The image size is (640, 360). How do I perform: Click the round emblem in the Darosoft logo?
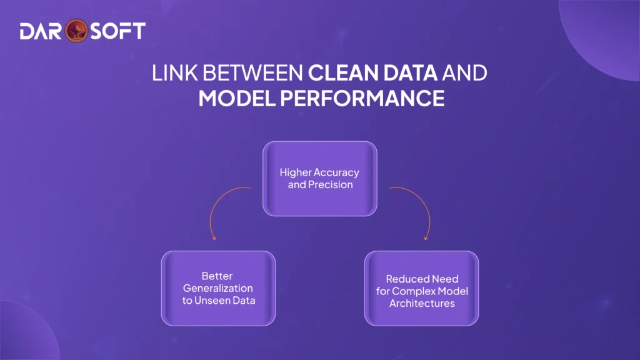[74, 31]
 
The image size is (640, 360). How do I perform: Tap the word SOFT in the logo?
[114, 31]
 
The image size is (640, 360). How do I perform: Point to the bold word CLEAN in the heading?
[340, 74]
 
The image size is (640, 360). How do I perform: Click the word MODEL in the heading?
[234, 98]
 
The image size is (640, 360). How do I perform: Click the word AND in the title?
[464, 74]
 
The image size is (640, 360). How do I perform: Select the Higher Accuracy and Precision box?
[319, 179]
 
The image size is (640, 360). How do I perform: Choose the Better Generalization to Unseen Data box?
[217, 288]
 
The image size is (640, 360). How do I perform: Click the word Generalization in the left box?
[217, 288]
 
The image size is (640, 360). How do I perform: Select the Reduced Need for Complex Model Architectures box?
[421, 288]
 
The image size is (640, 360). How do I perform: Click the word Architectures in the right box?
[422, 303]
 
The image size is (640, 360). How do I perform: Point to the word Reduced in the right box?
[405, 279]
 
